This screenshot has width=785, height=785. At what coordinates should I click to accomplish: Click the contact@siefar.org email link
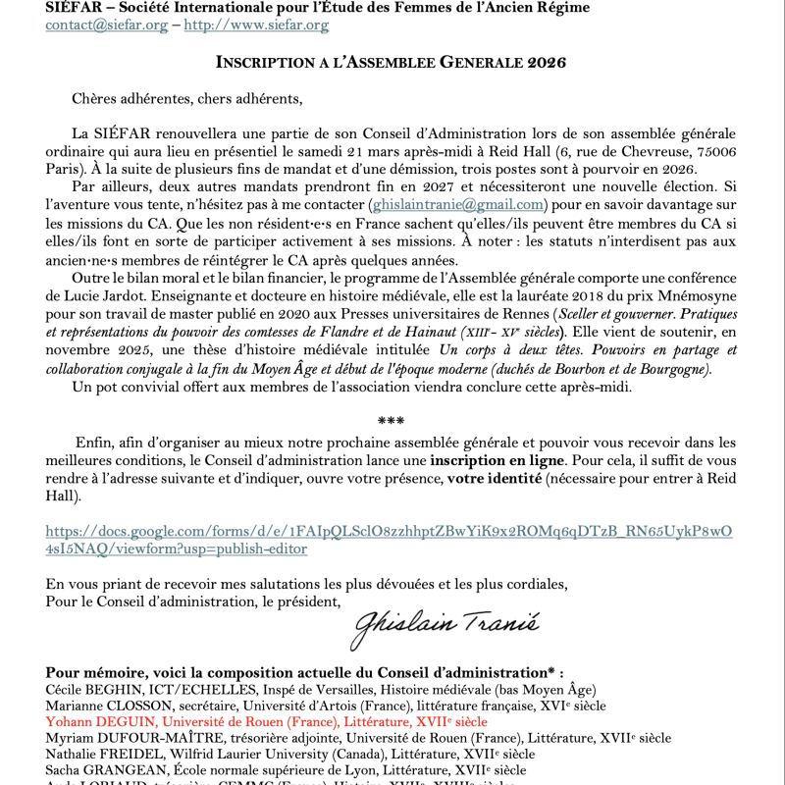pos(107,26)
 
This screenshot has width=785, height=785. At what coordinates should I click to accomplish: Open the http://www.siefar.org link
pos(256,26)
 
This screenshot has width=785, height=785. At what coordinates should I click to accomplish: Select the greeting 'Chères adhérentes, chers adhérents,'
pos(187,98)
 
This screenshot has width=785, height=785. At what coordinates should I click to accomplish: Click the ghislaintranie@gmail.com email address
pos(456,205)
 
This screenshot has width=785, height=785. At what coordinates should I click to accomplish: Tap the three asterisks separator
pos(392,422)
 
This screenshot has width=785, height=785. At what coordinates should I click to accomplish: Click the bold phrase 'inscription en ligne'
pos(497,460)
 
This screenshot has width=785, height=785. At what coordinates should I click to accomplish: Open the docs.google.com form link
pos(389,540)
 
